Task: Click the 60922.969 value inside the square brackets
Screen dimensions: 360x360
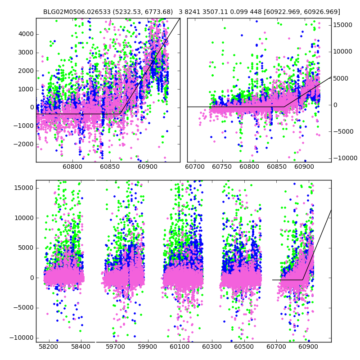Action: tap(289, 12)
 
